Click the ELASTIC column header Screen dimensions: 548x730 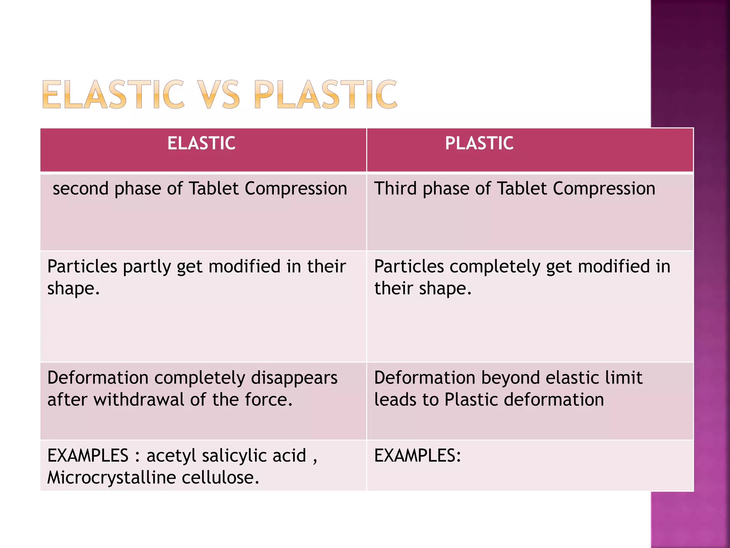pos(201,143)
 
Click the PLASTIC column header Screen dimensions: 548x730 pos(479,143)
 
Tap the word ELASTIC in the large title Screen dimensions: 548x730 pos(113,95)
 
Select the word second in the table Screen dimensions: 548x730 pos(81,188)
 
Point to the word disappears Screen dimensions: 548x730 pos(294,378)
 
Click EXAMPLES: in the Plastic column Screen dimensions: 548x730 pos(417,456)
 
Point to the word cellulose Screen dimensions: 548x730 pos(220,478)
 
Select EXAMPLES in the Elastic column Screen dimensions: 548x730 pos(88,456)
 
